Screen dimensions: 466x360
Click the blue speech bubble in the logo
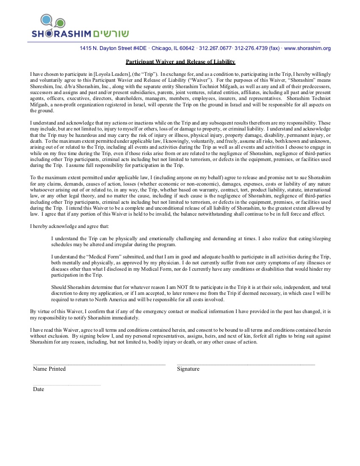(x=47, y=19)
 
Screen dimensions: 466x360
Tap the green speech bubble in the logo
(x=60, y=23)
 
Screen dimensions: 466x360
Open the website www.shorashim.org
(x=307, y=48)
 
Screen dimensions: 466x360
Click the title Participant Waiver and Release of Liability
(x=180, y=62)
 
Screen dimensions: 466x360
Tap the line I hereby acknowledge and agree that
(x=69, y=226)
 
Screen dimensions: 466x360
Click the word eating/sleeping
(x=315, y=239)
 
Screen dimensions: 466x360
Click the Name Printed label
(x=49, y=369)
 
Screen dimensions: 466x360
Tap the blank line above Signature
(x=246, y=364)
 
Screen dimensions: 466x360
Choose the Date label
(x=39, y=389)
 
